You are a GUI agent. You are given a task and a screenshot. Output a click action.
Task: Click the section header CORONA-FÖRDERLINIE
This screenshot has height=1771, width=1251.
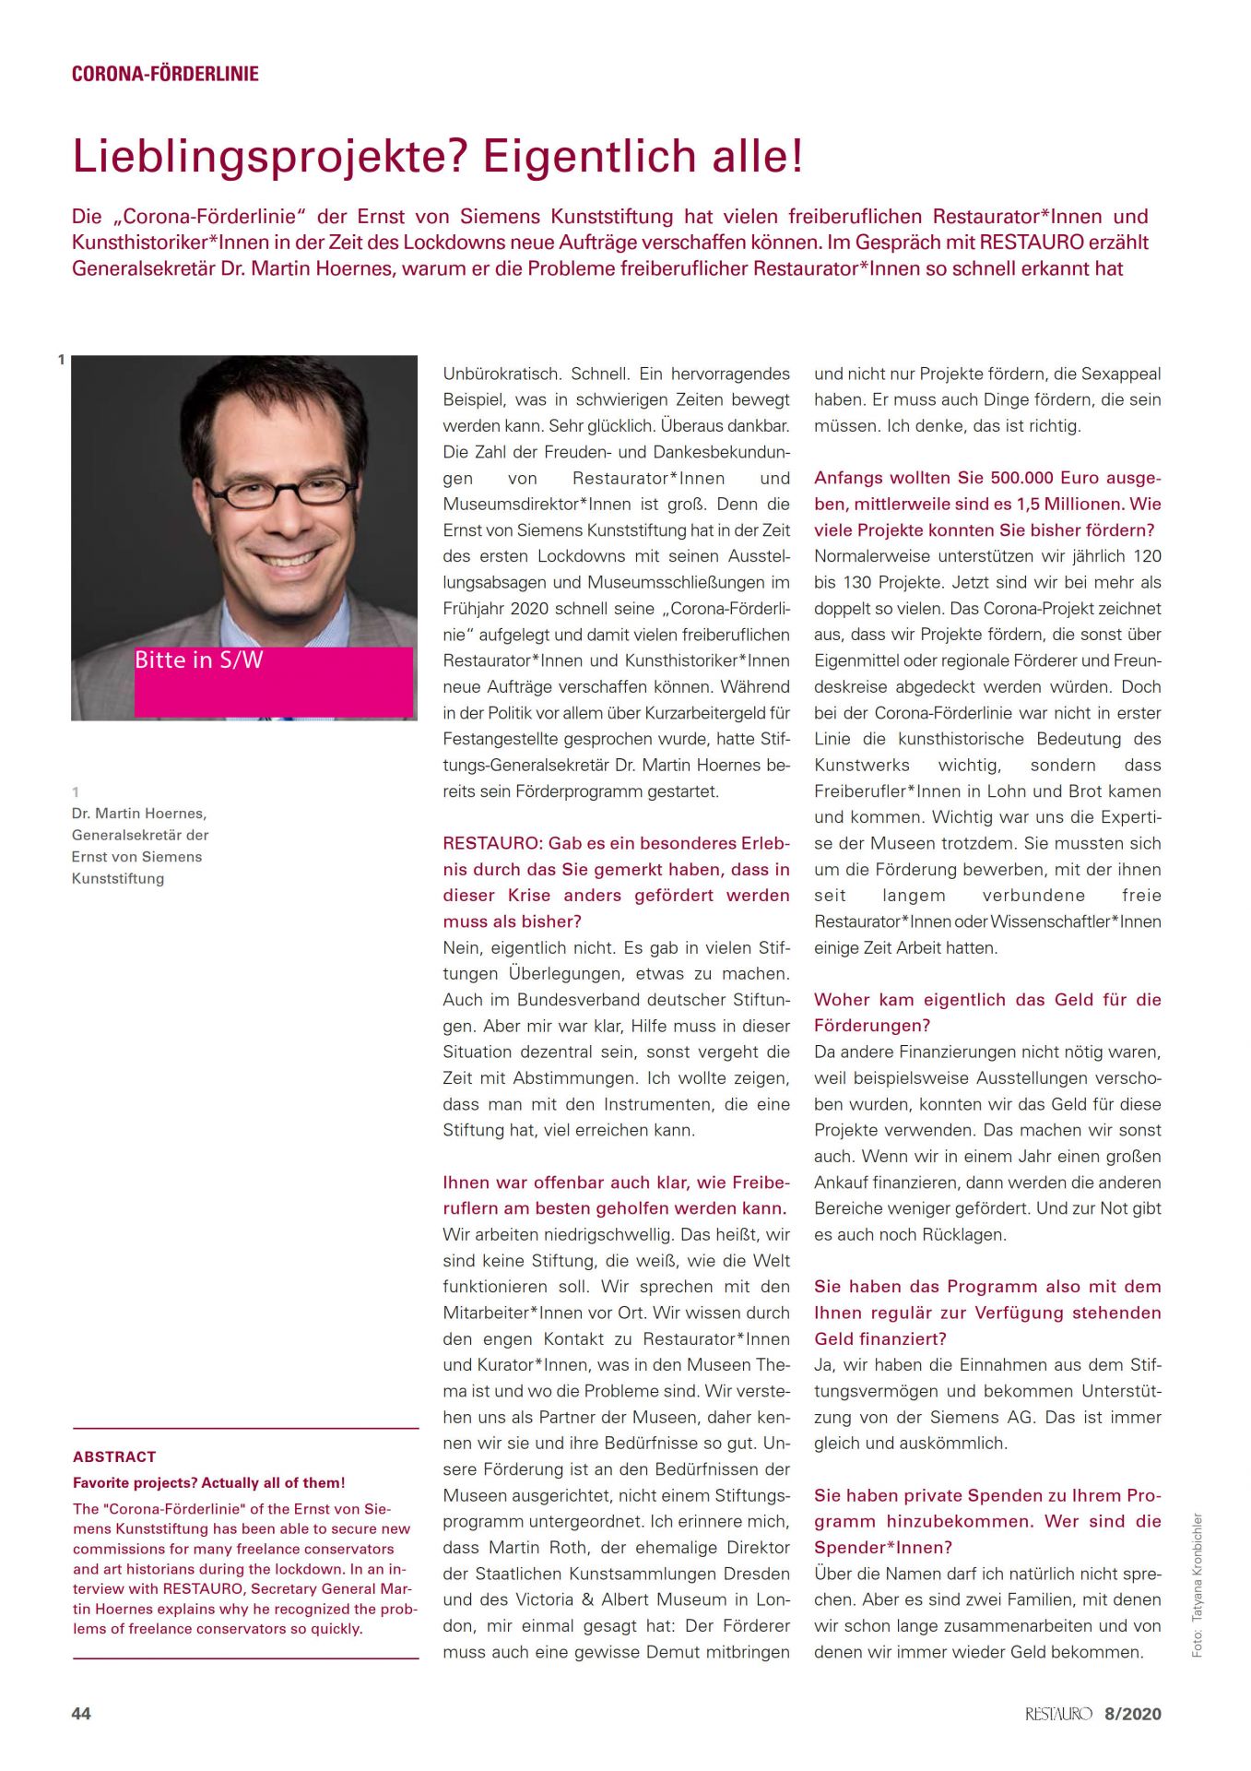point(165,74)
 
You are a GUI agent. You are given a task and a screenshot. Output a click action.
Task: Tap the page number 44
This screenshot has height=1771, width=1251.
point(81,1713)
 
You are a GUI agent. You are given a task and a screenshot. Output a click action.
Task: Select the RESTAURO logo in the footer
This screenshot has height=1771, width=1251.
point(1057,1714)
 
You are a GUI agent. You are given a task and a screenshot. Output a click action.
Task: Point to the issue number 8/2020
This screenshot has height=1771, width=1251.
point(1132,1714)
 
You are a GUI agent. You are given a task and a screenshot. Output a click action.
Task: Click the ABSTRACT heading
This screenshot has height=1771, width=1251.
point(114,1456)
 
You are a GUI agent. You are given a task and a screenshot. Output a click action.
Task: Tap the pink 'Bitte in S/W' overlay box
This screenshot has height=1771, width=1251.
point(274,682)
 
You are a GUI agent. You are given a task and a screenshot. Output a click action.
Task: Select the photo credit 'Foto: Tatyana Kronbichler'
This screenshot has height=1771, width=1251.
point(1197,1585)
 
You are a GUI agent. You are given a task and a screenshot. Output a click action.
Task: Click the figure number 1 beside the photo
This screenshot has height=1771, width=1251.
point(62,360)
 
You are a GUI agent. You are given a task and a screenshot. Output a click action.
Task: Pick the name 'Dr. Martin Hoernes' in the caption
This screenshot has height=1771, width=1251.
point(139,814)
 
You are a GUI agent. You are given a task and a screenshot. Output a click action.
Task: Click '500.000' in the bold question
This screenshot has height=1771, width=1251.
point(1026,478)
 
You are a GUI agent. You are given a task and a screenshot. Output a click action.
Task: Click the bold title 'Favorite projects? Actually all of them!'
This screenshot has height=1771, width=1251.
point(209,1483)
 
